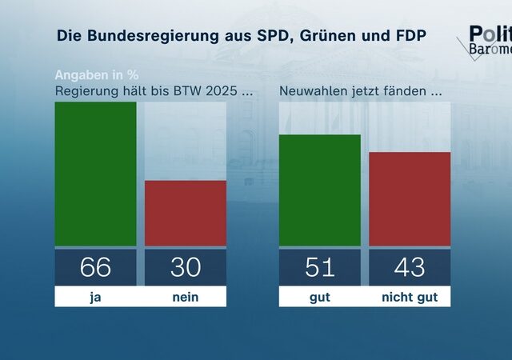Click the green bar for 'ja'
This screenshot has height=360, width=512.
95,174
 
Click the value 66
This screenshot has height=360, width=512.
95,267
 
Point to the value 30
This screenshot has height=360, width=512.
185,267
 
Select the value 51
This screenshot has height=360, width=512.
320,267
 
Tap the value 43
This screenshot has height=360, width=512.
410,267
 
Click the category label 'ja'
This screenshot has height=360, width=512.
95,297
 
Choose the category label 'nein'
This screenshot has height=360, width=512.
185,297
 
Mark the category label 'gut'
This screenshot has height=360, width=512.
320,297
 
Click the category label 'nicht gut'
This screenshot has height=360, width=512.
410,297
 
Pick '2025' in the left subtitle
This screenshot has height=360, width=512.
220,90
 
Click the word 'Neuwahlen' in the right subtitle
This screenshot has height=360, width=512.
312,90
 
